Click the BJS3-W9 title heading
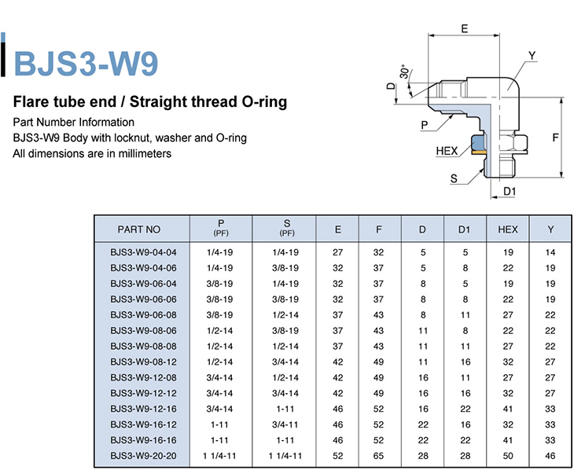(86, 63)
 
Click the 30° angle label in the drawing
(404, 72)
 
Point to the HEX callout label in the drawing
(447, 151)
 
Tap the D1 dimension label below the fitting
(510, 191)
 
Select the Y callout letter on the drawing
(532, 56)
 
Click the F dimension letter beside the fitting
(555, 138)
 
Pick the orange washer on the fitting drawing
(479, 152)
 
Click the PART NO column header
(138, 229)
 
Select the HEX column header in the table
(508, 229)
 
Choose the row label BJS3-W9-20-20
(143, 456)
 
